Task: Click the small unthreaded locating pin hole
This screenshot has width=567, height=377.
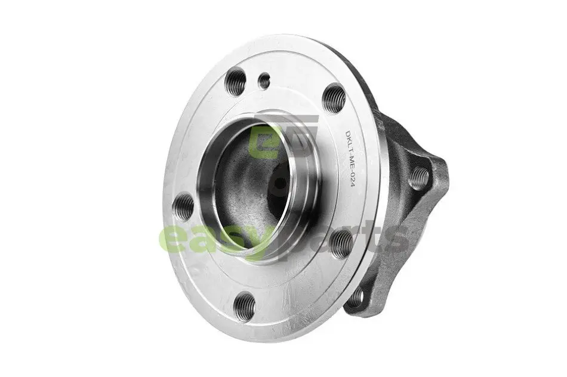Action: tap(264, 81)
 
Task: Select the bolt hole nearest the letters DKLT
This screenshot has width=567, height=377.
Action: tap(334, 98)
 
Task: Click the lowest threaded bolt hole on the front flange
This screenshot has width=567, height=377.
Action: tap(244, 307)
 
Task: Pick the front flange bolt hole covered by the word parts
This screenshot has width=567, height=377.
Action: tap(341, 244)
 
